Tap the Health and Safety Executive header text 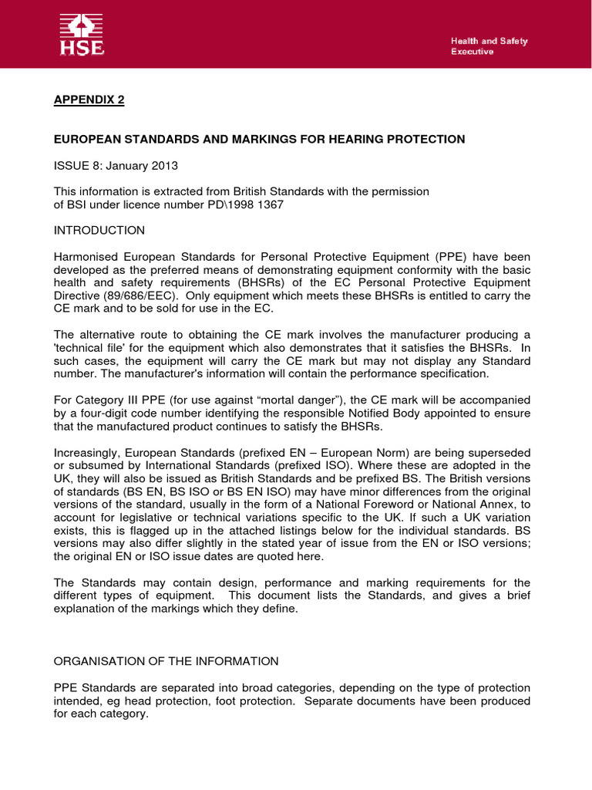pyautogui.click(x=489, y=46)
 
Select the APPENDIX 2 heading pyautogui.click(x=88, y=100)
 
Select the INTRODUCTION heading pyautogui.click(x=99, y=230)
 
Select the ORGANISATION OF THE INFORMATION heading pyautogui.click(x=166, y=662)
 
